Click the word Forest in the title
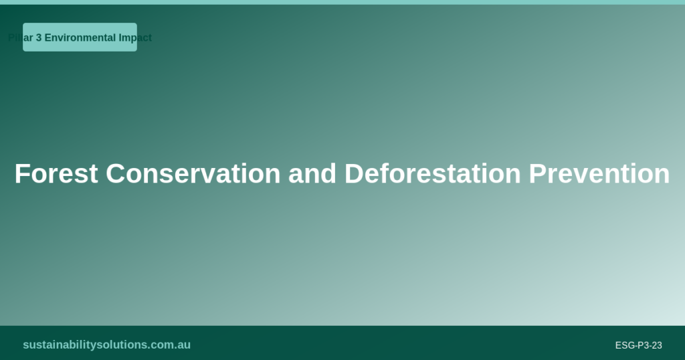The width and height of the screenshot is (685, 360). click(56, 174)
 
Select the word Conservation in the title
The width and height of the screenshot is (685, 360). click(193, 174)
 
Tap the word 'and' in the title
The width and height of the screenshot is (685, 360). click(312, 174)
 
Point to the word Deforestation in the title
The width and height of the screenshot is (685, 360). click(432, 174)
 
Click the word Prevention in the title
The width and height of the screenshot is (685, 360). click(599, 174)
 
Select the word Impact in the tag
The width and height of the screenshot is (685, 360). click(135, 37)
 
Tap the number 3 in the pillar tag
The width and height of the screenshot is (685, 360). click(39, 37)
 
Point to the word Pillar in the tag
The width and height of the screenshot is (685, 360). click(20, 37)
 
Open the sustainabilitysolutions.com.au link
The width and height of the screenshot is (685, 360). click(106, 345)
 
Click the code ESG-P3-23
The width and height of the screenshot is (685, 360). click(638, 345)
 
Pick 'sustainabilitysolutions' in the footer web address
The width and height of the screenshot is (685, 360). click(84, 345)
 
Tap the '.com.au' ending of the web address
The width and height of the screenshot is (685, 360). click(169, 345)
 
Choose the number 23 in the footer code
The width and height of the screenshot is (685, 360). click(656, 345)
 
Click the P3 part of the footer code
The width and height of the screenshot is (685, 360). click(642, 345)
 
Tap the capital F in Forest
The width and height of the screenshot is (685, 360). click(21, 174)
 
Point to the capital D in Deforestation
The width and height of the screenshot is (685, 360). click(353, 174)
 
